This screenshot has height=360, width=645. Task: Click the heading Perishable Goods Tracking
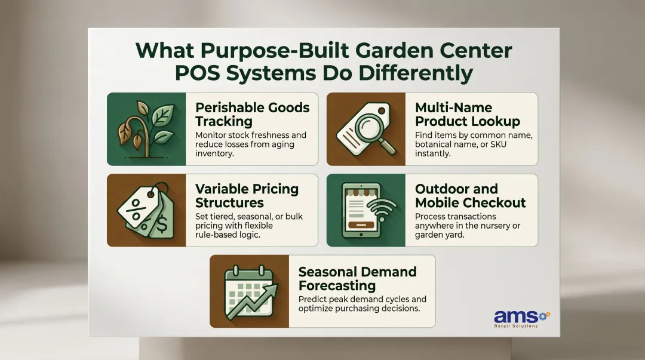(x=253, y=115)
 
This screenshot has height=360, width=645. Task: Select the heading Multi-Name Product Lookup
(x=468, y=115)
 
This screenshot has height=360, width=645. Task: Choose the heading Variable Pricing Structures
(x=247, y=196)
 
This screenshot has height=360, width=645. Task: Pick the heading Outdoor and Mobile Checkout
(x=470, y=196)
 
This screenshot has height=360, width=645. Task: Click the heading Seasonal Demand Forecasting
(x=357, y=279)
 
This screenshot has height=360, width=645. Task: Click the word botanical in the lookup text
(x=437, y=144)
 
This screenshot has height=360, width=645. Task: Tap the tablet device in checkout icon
(x=360, y=211)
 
